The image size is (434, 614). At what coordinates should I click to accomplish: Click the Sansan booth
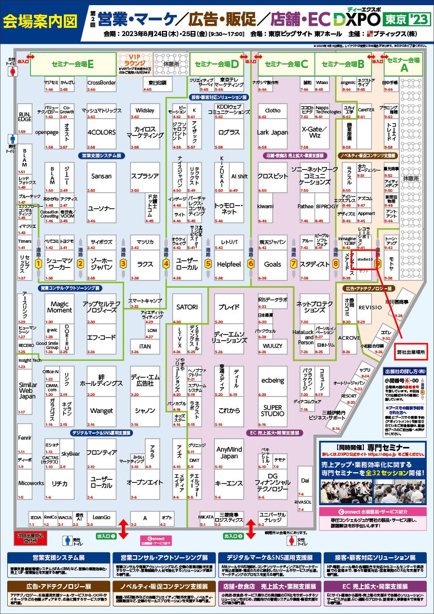click(102, 176)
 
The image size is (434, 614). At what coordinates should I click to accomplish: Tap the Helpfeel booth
click(229, 264)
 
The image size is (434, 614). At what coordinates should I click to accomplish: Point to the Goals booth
click(273, 264)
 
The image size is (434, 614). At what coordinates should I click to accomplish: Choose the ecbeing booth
click(272, 380)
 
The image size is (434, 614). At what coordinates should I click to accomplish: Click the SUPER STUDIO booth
click(272, 410)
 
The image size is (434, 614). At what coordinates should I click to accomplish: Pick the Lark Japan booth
click(272, 132)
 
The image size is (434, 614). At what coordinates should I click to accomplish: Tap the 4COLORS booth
click(102, 132)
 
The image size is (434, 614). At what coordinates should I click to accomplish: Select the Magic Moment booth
click(59, 307)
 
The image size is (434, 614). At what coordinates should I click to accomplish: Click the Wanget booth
click(102, 411)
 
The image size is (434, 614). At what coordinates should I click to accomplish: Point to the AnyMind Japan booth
click(229, 453)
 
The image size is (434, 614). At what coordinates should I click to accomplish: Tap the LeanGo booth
click(102, 517)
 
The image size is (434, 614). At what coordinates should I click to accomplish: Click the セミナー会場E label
click(73, 64)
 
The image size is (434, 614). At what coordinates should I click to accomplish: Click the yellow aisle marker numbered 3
click(123, 263)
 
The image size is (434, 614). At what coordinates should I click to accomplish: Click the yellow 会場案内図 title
click(40, 21)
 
